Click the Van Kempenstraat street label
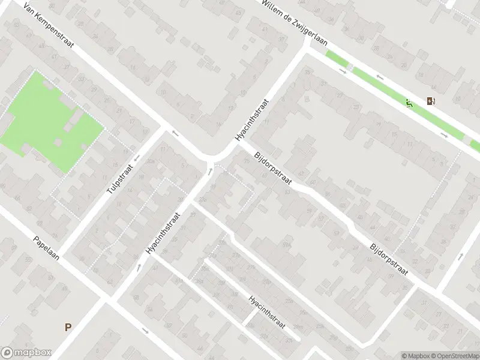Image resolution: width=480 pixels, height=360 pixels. tap(48, 30)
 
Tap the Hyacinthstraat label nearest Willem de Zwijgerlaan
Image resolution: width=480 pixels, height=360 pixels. tap(253, 120)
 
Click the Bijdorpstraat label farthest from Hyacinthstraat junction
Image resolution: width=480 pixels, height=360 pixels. tap(389, 259)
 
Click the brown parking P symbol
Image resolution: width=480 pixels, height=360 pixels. tap(68, 328)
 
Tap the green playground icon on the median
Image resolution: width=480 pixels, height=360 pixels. tap(409, 104)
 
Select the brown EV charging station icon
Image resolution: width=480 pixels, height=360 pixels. tap(430, 101)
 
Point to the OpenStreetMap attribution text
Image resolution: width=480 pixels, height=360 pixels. tap(455, 356)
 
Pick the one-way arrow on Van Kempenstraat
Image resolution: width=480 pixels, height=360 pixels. tap(175, 133)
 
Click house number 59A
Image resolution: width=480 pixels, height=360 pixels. tap(287, 245)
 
